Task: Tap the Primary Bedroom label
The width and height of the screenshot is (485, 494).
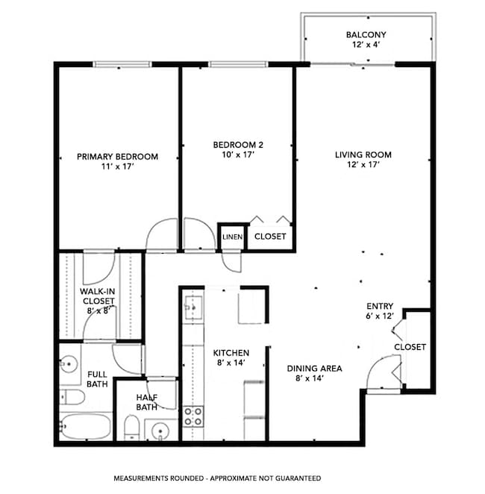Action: (118, 161)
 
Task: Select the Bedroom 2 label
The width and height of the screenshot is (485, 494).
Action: (237, 149)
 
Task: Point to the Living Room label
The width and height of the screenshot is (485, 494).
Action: (363, 160)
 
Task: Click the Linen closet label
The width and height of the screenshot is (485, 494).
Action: (231, 237)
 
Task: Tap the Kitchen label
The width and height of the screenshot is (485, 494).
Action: (231, 357)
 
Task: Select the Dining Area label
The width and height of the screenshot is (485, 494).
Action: (314, 372)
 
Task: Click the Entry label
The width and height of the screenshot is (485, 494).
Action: (379, 311)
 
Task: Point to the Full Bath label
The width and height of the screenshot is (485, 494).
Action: (98, 379)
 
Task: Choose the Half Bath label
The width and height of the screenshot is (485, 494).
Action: (146, 402)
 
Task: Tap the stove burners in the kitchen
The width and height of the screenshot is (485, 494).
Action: (193, 416)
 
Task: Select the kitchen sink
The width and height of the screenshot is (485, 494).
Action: (193, 307)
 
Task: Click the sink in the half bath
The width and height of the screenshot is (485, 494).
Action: (160, 431)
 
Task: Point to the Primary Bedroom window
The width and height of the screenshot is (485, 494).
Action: (117, 64)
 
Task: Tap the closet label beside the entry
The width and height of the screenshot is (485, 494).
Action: (410, 347)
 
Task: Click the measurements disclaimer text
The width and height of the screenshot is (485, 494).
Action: (217, 478)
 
